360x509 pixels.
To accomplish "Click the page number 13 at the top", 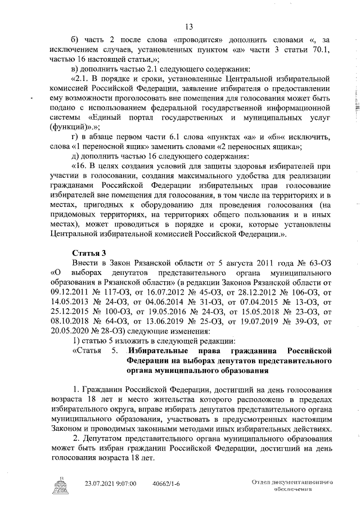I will pos(188,27).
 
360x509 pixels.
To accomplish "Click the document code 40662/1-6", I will pos(169,483).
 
